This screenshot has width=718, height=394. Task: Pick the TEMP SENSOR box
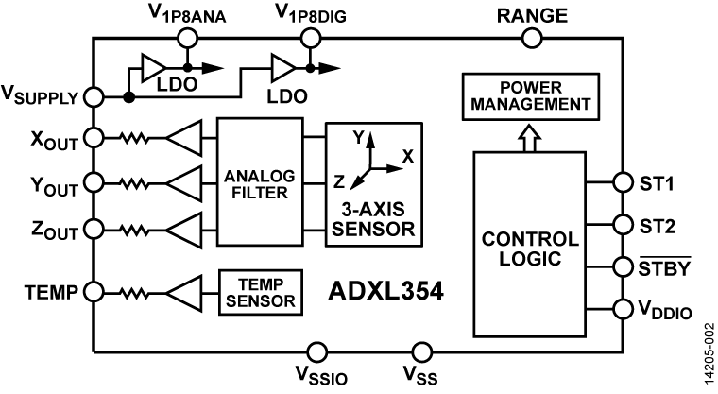pyautogui.click(x=258, y=292)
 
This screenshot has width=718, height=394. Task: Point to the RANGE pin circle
pyautogui.click(x=533, y=38)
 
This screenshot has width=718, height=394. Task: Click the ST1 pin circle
pyautogui.click(x=623, y=182)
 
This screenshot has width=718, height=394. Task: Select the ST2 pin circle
pyautogui.click(x=623, y=225)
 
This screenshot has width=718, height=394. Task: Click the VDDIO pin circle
pyautogui.click(x=623, y=308)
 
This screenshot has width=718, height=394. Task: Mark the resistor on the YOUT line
pyautogui.click(x=134, y=182)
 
